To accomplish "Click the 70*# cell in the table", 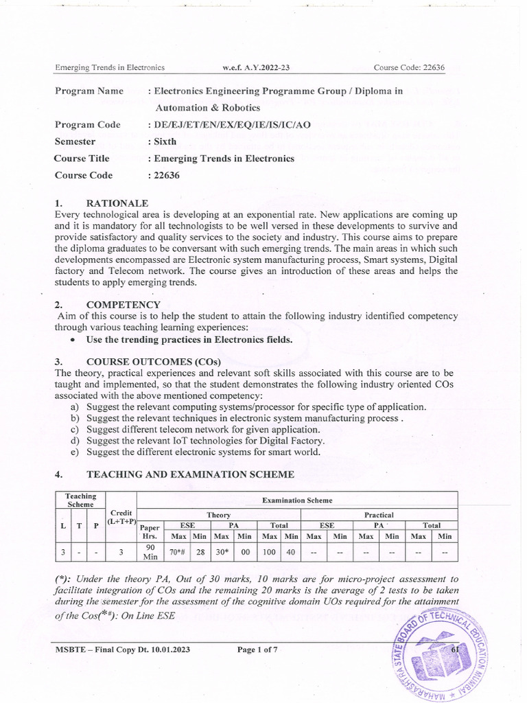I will click(x=180, y=551).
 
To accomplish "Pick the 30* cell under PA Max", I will click(x=223, y=551).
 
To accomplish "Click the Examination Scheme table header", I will click(x=296, y=500).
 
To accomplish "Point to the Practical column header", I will click(x=379, y=514).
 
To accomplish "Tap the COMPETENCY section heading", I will click(x=124, y=304).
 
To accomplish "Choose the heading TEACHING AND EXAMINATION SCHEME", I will click(x=190, y=474).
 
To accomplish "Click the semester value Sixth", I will click(x=165, y=141).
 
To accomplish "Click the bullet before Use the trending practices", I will click(x=74, y=340).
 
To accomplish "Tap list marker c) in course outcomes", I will click(x=75, y=430).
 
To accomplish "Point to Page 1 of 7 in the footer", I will click(x=257, y=649).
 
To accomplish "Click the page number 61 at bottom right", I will click(x=455, y=649).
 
